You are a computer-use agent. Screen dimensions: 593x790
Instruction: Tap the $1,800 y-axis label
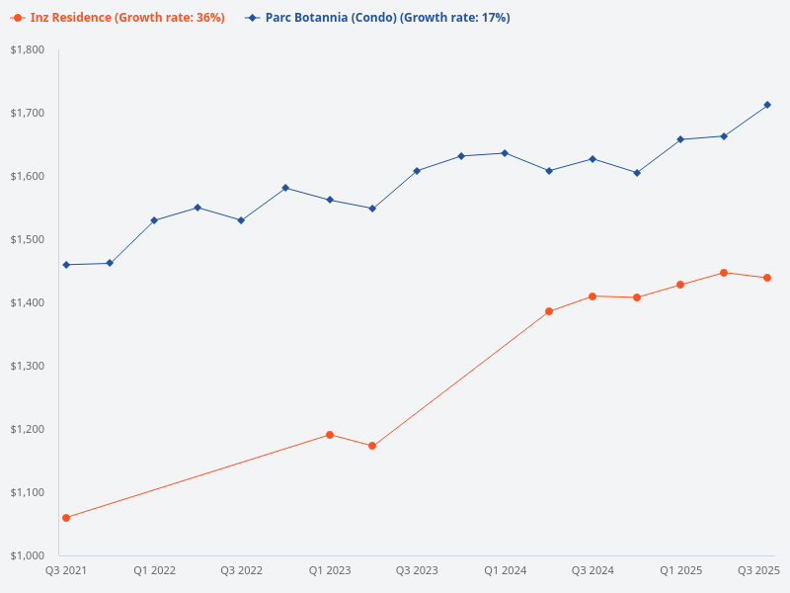pyautogui.click(x=28, y=49)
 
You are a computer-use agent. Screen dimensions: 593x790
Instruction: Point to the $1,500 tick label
pyautogui.click(x=28, y=239)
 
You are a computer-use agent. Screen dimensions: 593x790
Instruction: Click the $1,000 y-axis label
pyautogui.click(x=28, y=555)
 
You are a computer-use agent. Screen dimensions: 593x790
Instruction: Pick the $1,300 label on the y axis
pyautogui.click(x=28, y=366)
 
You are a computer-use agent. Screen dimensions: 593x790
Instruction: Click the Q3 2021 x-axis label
pyautogui.click(x=66, y=570)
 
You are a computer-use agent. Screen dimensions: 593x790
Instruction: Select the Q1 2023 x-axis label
pyautogui.click(x=330, y=570)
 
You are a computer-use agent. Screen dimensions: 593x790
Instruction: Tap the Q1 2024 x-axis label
pyautogui.click(x=505, y=570)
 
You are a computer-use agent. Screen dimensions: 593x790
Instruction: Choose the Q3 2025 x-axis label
pyautogui.click(x=759, y=570)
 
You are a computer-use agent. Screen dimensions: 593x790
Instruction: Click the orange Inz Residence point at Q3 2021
pyautogui.click(x=66, y=518)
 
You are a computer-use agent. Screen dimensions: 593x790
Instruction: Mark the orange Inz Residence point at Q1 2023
pyautogui.click(x=330, y=435)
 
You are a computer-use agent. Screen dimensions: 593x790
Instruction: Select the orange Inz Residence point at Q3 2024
pyautogui.click(x=592, y=296)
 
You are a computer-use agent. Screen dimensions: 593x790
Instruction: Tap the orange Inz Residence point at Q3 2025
pyautogui.click(x=767, y=278)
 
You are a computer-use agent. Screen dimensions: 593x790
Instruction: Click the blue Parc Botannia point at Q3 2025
pyautogui.click(x=767, y=105)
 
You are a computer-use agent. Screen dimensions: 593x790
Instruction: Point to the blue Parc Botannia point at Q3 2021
pyautogui.click(x=66, y=265)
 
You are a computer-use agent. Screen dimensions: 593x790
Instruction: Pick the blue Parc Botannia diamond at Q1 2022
pyautogui.click(x=154, y=220)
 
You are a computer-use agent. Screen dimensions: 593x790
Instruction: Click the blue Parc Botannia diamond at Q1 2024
pyautogui.click(x=505, y=153)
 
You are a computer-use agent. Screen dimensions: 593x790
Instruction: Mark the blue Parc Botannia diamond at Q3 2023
pyautogui.click(x=417, y=171)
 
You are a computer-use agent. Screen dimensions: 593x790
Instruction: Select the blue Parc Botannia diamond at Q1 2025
pyautogui.click(x=680, y=139)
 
